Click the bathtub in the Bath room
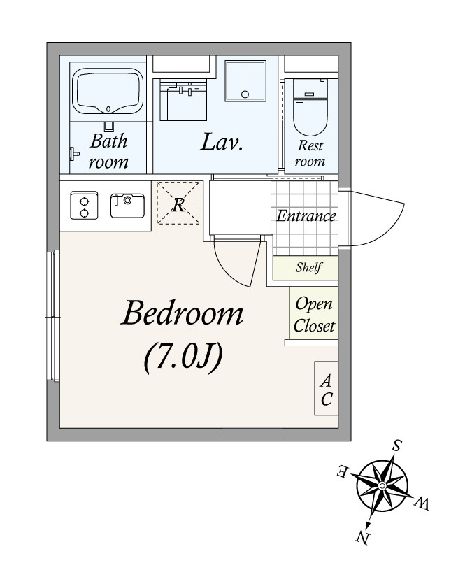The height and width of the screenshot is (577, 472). pyautogui.click(x=108, y=91)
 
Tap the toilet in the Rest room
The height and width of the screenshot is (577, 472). pyautogui.click(x=310, y=107)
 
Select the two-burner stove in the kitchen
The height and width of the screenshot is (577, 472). pyautogui.click(x=84, y=206)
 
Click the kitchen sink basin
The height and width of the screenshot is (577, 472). pyautogui.click(x=127, y=206)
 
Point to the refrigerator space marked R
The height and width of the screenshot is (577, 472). pyautogui.click(x=178, y=203)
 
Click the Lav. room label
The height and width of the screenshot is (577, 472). pyautogui.click(x=222, y=143)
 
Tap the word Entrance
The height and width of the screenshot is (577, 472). pyautogui.click(x=306, y=215)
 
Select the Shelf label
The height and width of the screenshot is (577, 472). pyautogui.click(x=309, y=267)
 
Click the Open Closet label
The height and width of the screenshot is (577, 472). pyautogui.click(x=314, y=315)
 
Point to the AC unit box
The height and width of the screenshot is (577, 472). pyautogui.click(x=326, y=389)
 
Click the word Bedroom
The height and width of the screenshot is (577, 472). pyautogui.click(x=182, y=313)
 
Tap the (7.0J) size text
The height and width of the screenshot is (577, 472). pyautogui.click(x=183, y=357)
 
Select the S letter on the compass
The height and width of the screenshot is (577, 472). pyautogui.click(x=396, y=446)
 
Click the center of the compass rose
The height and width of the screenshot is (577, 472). pyautogui.click(x=382, y=487)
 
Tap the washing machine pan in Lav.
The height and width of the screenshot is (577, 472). pyautogui.click(x=245, y=80)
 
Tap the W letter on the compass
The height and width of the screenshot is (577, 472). pyautogui.click(x=422, y=503)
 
